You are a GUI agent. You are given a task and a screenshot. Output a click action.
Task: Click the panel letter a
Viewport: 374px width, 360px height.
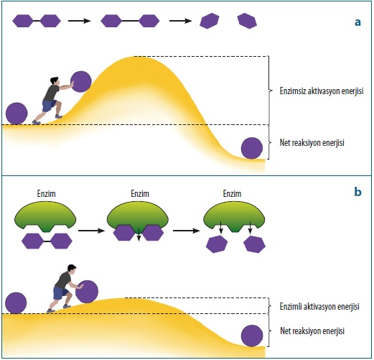coord(357,22)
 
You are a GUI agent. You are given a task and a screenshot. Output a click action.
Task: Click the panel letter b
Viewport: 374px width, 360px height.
coord(357,192)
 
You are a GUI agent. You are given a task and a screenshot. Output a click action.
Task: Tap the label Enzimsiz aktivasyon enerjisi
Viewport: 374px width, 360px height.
coord(322,91)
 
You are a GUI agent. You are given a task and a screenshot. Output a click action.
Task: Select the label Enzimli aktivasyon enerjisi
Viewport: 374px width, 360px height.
coord(319,306)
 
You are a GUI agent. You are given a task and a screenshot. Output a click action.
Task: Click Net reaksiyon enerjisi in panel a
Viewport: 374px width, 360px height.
coord(312,143)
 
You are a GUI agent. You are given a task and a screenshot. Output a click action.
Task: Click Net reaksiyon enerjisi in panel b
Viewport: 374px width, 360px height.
coord(312,331)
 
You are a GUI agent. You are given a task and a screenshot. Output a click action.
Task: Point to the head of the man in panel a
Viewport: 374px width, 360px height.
coord(55,80)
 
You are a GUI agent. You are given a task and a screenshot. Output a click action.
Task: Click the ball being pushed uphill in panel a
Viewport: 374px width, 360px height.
coord(81,82)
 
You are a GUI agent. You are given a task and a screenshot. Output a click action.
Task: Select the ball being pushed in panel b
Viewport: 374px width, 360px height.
coord(87,292)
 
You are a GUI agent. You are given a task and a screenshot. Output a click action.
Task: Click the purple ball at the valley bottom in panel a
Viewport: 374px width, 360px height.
coord(252,148)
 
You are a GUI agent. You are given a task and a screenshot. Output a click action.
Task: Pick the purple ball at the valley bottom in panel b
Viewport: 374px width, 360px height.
coord(252,336)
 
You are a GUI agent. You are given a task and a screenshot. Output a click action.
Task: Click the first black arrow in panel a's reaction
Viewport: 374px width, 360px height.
coord(80,21)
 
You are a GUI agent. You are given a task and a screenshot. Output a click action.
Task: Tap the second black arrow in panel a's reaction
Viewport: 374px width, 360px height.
coord(181,21)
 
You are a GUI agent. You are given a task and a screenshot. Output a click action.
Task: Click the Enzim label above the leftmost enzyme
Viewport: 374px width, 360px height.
coord(47,193)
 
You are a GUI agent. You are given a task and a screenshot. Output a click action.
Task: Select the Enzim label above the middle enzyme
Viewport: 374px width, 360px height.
coord(140,193)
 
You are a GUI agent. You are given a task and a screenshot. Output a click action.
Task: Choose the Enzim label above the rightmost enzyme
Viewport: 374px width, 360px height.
coord(232,193)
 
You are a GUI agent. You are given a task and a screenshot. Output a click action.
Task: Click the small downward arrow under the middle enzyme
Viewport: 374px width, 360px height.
coord(139,235)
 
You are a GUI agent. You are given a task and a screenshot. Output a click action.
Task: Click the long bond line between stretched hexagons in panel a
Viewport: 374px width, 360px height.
coord(130,21)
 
